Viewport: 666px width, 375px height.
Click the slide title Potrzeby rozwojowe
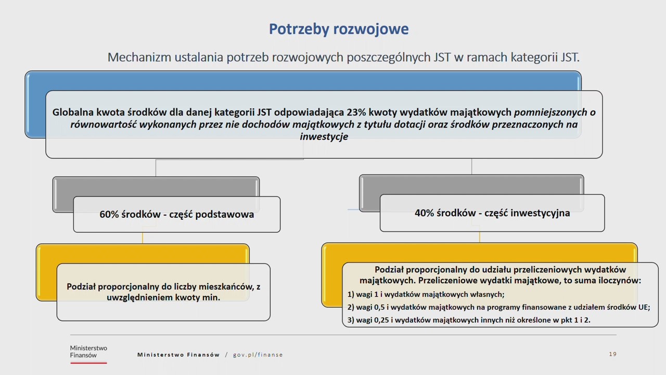[339, 29]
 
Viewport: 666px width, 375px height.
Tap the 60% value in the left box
[110, 214]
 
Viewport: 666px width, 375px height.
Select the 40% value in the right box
[425, 213]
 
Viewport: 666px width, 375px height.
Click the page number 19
[612, 354]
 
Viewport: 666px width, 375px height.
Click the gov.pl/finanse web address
[258, 355]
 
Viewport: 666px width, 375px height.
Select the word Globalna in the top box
[73, 112]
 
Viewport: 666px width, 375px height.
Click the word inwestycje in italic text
[324, 137]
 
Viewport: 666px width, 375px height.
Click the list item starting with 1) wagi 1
[426, 294]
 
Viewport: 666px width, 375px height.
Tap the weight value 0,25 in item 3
[384, 320]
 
